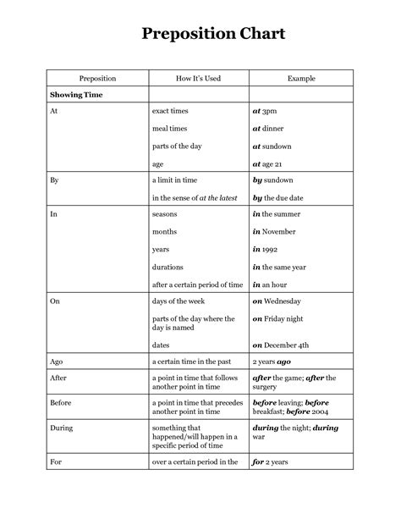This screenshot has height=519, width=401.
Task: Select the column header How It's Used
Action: pyautogui.click(x=198, y=77)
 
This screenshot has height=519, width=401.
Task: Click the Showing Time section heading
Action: pyautogui.click(x=75, y=95)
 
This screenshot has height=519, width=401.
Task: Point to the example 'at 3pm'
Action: pyautogui.click(x=265, y=111)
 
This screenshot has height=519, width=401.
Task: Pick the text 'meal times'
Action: pyautogui.click(x=170, y=128)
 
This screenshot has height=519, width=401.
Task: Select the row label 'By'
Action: pyautogui.click(x=54, y=180)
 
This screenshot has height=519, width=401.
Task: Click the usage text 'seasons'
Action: pyautogui.click(x=164, y=214)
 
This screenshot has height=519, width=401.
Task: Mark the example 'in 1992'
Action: pyautogui.click(x=266, y=249)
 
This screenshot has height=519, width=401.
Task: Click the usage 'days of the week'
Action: pyautogui.click(x=180, y=301)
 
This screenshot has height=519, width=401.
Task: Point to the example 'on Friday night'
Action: pyautogui.click(x=278, y=318)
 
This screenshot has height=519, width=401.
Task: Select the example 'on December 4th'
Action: pyautogui.click(x=282, y=345)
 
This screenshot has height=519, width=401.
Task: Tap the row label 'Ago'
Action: pyautogui.click(x=57, y=362)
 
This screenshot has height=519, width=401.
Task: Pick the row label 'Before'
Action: pyautogui.click(x=61, y=403)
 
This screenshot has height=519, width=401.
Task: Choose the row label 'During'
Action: pyautogui.click(x=61, y=428)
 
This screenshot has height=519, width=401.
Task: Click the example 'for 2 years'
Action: pyautogui.click(x=272, y=462)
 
